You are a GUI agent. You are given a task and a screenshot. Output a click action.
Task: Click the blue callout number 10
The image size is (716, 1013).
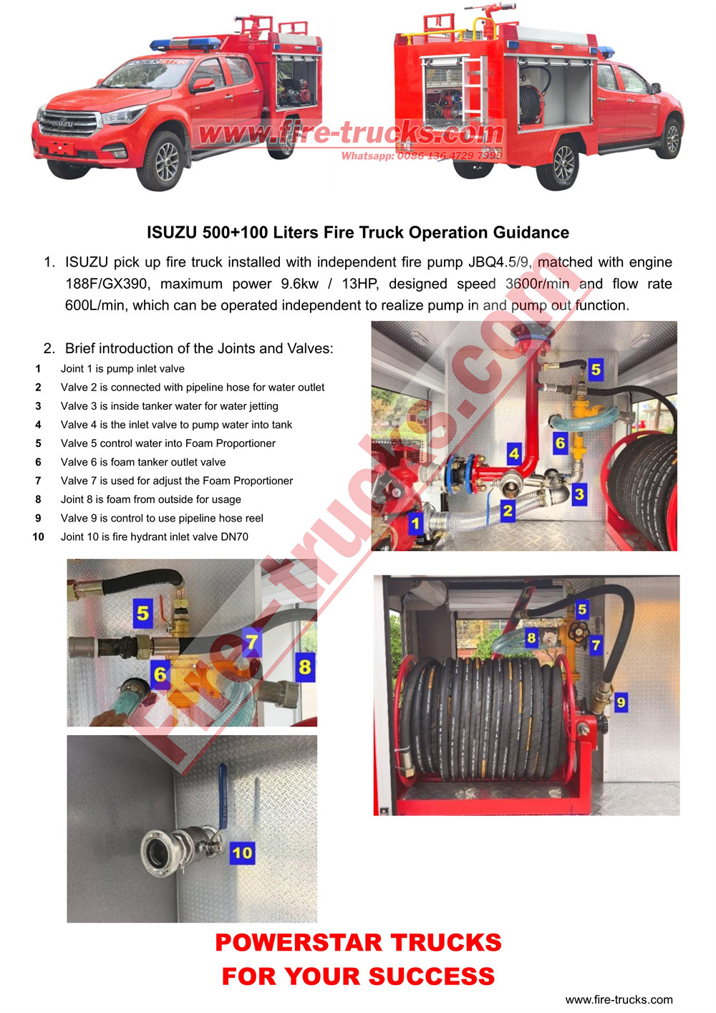242,853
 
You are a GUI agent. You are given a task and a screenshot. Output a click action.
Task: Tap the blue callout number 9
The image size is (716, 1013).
621,703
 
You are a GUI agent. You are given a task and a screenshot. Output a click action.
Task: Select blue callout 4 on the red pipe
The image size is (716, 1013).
513,453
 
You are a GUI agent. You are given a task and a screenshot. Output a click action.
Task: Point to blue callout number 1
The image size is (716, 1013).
415,523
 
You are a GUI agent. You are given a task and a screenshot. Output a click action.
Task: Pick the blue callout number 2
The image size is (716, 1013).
508,511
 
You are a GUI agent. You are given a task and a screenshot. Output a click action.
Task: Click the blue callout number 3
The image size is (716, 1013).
579,494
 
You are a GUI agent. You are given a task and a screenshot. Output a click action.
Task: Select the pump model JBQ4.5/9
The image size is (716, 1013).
500,262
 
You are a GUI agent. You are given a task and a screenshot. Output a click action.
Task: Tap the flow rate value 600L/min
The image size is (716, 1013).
95,305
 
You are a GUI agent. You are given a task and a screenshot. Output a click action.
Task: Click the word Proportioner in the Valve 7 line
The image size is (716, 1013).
257,481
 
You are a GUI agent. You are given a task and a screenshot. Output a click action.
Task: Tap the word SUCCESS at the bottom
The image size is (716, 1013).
432,976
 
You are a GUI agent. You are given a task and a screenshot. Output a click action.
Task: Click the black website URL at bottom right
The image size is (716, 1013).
619,999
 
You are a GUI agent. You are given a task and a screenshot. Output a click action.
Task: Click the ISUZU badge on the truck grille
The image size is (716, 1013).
62,124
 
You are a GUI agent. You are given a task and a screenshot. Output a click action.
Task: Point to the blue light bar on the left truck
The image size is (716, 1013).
185,44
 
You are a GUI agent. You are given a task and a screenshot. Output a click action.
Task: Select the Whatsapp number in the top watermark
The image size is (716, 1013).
450,155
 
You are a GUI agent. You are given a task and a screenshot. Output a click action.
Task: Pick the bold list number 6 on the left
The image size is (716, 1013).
38,462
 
